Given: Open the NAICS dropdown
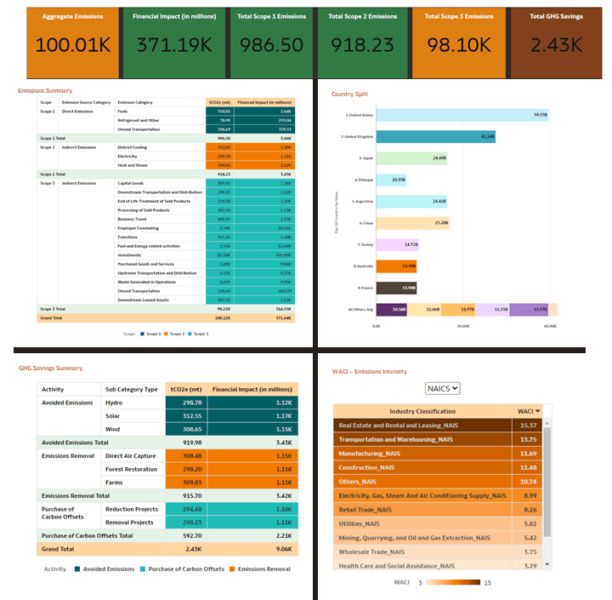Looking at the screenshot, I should coord(442,388).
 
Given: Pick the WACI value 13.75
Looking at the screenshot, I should coord(527,439).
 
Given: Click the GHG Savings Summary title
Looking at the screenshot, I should coord(50,369).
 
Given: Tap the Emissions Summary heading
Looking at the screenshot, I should coord(45,90).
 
